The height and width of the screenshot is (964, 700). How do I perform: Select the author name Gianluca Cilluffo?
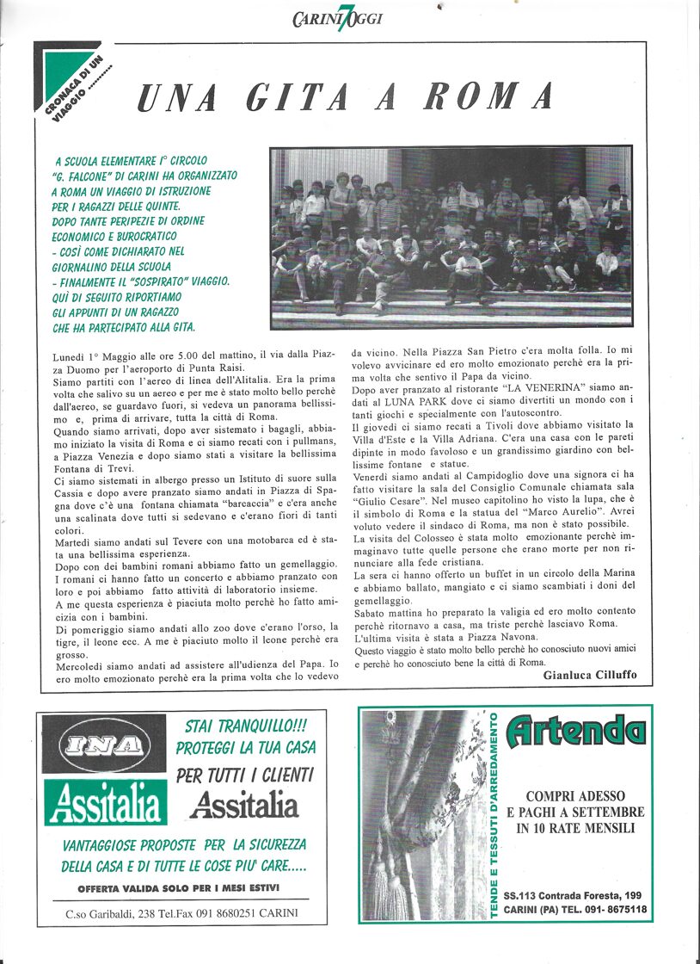(589, 675)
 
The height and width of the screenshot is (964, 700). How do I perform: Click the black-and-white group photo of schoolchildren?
(451, 238)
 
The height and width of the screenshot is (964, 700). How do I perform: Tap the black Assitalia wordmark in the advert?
(244, 805)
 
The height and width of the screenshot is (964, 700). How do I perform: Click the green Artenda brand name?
(575, 732)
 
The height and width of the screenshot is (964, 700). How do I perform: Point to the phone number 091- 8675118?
(614, 908)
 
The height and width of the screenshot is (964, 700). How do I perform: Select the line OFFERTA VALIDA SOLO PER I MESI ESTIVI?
(180, 887)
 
